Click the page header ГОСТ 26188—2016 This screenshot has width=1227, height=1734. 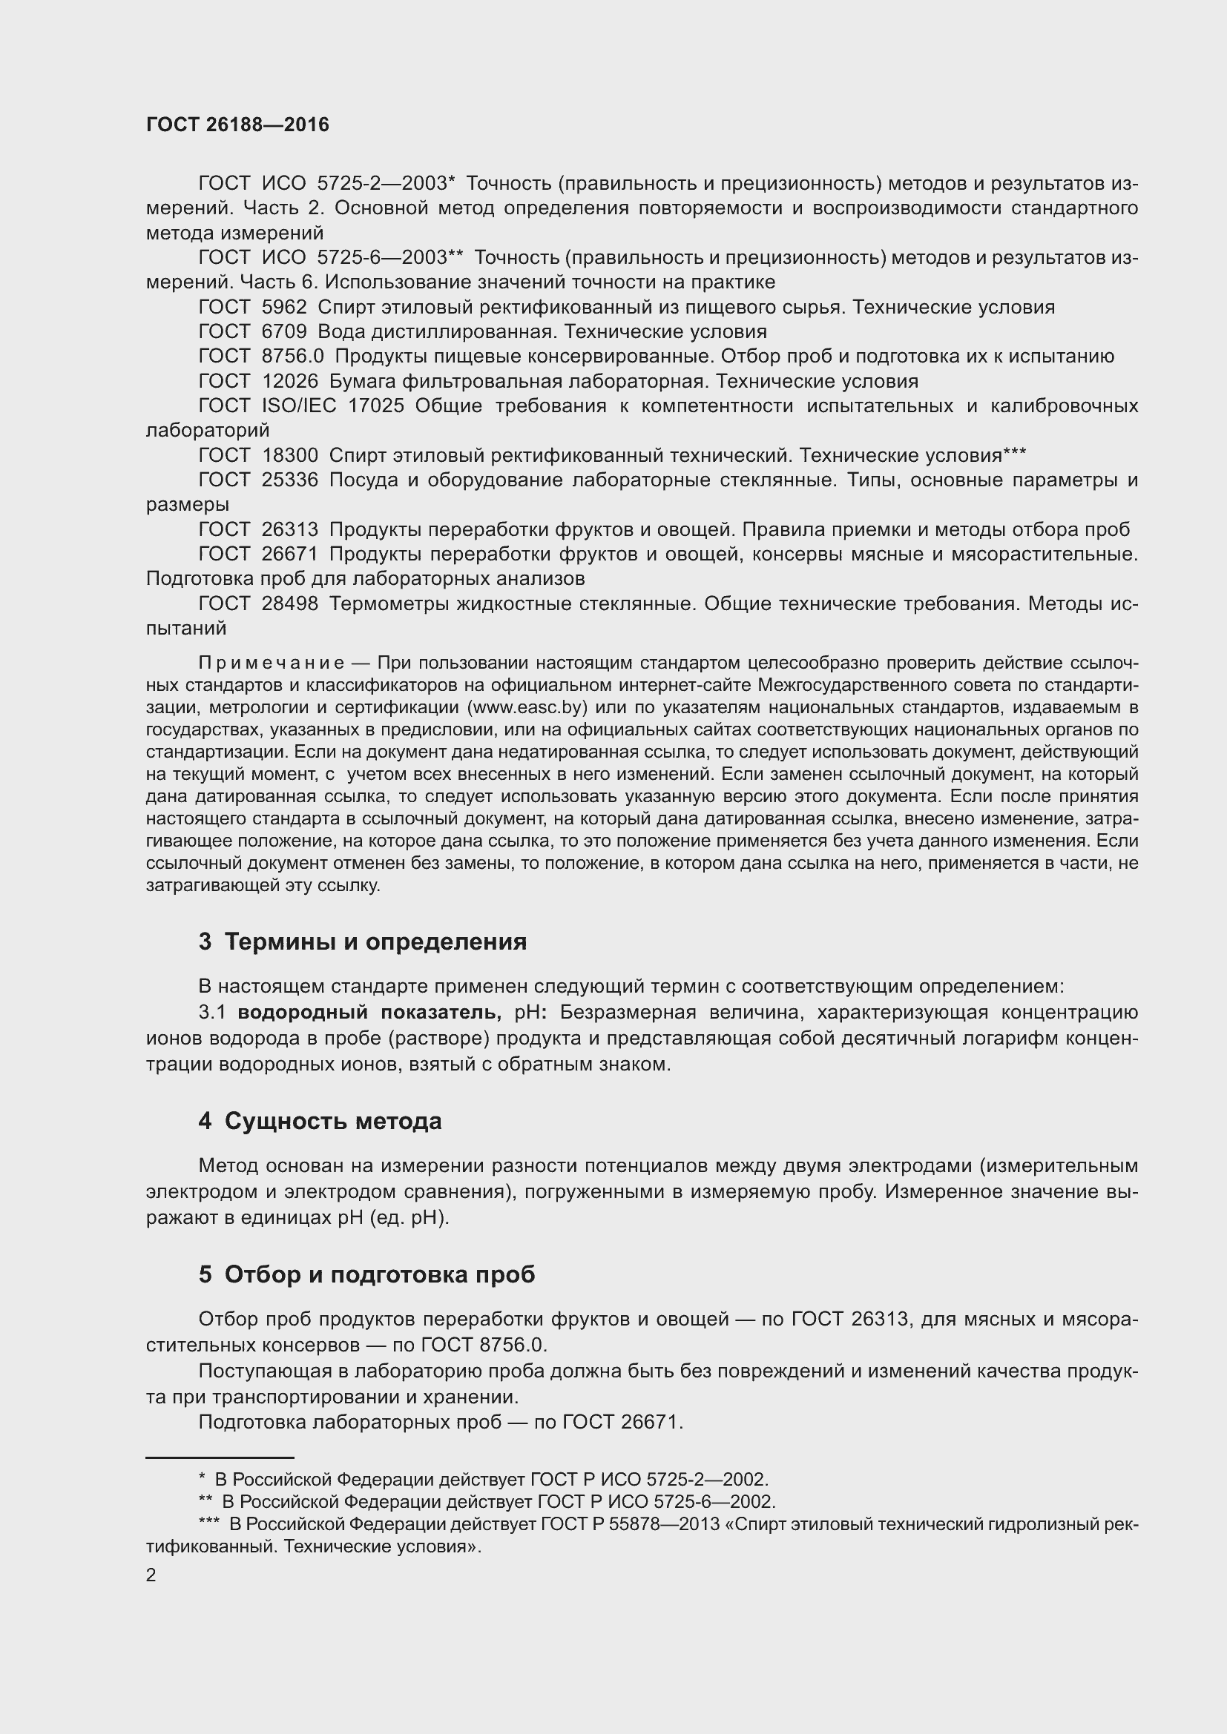pyautogui.click(x=237, y=125)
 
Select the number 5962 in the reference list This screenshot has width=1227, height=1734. pyautogui.click(x=284, y=308)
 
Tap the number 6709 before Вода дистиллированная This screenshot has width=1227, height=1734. pyautogui.click(x=284, y=332)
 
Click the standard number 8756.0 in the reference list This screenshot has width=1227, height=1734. pyautogui.click(x=292, y=357)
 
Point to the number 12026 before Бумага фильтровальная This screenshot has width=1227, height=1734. pyautogui.click(x=289, y=381)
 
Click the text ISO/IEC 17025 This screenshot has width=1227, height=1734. pyautogui.click(x=332, y=406)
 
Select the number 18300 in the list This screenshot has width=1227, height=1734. pyautogui.click(x=289, y=455)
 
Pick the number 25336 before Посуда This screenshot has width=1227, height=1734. pyautogui.click(x=289, y=480)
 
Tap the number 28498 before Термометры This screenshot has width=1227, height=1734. pyautogui.click(x=289, y=603)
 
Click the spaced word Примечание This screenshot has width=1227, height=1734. pyautogui.click(x=272, y=663)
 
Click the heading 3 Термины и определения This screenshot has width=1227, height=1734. pyautogui.click(x=363, y=942)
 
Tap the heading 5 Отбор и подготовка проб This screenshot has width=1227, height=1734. pyautogui.click(x=366, y=1274)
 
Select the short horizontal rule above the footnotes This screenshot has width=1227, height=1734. pyautogui.click(x=219, y=1457)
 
